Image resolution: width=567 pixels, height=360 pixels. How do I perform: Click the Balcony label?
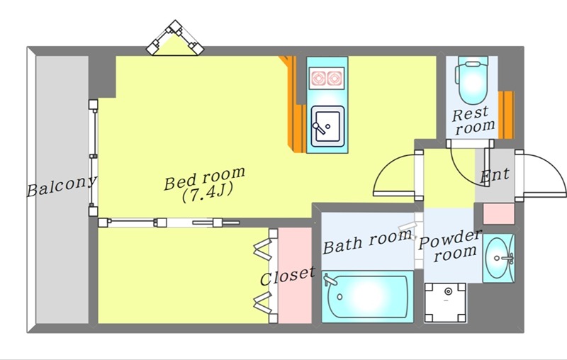[62, 186]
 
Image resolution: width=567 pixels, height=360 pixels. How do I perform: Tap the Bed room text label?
[204, 178]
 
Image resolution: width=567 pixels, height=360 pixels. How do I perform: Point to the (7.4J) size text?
[206, 193]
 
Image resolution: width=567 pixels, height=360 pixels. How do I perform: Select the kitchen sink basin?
[327, 126]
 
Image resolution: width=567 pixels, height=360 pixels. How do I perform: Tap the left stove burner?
[318, 79]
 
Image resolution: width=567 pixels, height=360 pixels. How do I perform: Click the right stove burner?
[335, 79]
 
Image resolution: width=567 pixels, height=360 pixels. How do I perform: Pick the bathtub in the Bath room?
[368, 296]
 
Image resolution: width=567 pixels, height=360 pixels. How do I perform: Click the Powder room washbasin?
[498, 258]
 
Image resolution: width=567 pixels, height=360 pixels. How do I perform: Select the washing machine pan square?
[445, 303]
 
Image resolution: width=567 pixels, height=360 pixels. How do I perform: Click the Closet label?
[288, 276]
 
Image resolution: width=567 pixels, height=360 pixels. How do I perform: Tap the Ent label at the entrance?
[495, 175]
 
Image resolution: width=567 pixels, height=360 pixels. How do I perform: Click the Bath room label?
[367, 242]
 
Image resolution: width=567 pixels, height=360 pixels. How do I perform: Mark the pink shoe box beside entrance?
[499, 213]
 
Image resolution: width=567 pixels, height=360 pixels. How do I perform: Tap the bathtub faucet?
[330, 280]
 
